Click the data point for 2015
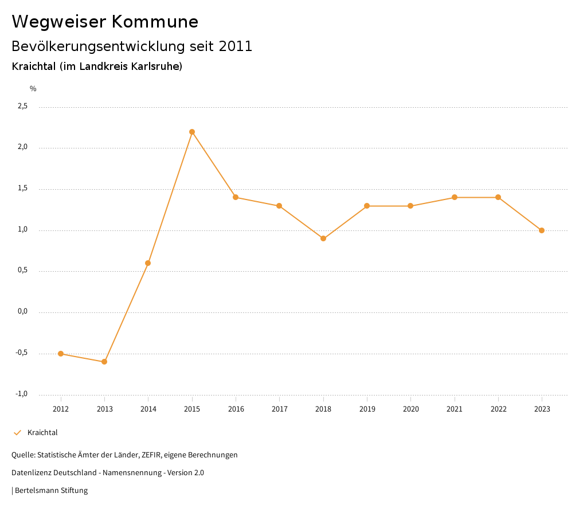click(x=192, y=132)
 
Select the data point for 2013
click(x=104, y=362)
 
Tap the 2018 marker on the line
click(x=323, y=238)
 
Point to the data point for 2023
click(x=542, y=230)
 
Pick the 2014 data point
click(x=148, y=263)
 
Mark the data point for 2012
click(x=61, y=354)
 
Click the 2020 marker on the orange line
click(x=410, y=206)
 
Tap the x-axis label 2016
click(x=236, y=409)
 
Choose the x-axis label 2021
click(x=455, y=409)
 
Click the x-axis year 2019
click(x=367, y=409)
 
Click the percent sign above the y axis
click(x=33, y=89)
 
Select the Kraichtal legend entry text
click(x=42, y=433)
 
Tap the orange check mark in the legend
click(x=17, y=433)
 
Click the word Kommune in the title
click(x=155, y=22)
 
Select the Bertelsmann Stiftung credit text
click(x=51, y=491)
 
